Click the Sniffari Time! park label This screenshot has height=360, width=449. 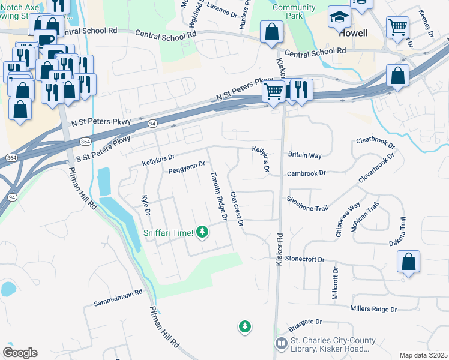pos(168,233)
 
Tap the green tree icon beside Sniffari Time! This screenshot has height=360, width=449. pos(203,231)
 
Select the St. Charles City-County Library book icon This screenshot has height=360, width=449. pos(281,343)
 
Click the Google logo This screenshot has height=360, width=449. pos(20,353)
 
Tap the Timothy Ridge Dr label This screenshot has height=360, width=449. pos(218,196)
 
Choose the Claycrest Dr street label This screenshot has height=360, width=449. pos(236,209)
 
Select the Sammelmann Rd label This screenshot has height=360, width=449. pos(118,298)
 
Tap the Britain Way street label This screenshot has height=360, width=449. pos(304,155)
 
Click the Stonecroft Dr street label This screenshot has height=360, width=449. pos(304,259)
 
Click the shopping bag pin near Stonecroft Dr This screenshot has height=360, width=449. pos(408,262)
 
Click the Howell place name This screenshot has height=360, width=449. pos(353,34)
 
